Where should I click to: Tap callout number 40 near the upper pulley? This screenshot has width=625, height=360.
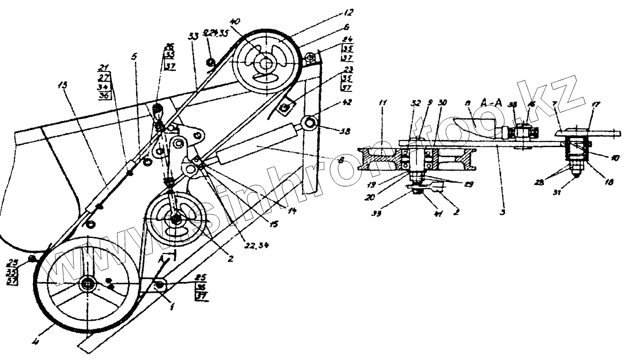point(235,22)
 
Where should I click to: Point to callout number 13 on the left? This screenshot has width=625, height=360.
point(63,86)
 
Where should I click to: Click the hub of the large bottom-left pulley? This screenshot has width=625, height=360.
point(88,284)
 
